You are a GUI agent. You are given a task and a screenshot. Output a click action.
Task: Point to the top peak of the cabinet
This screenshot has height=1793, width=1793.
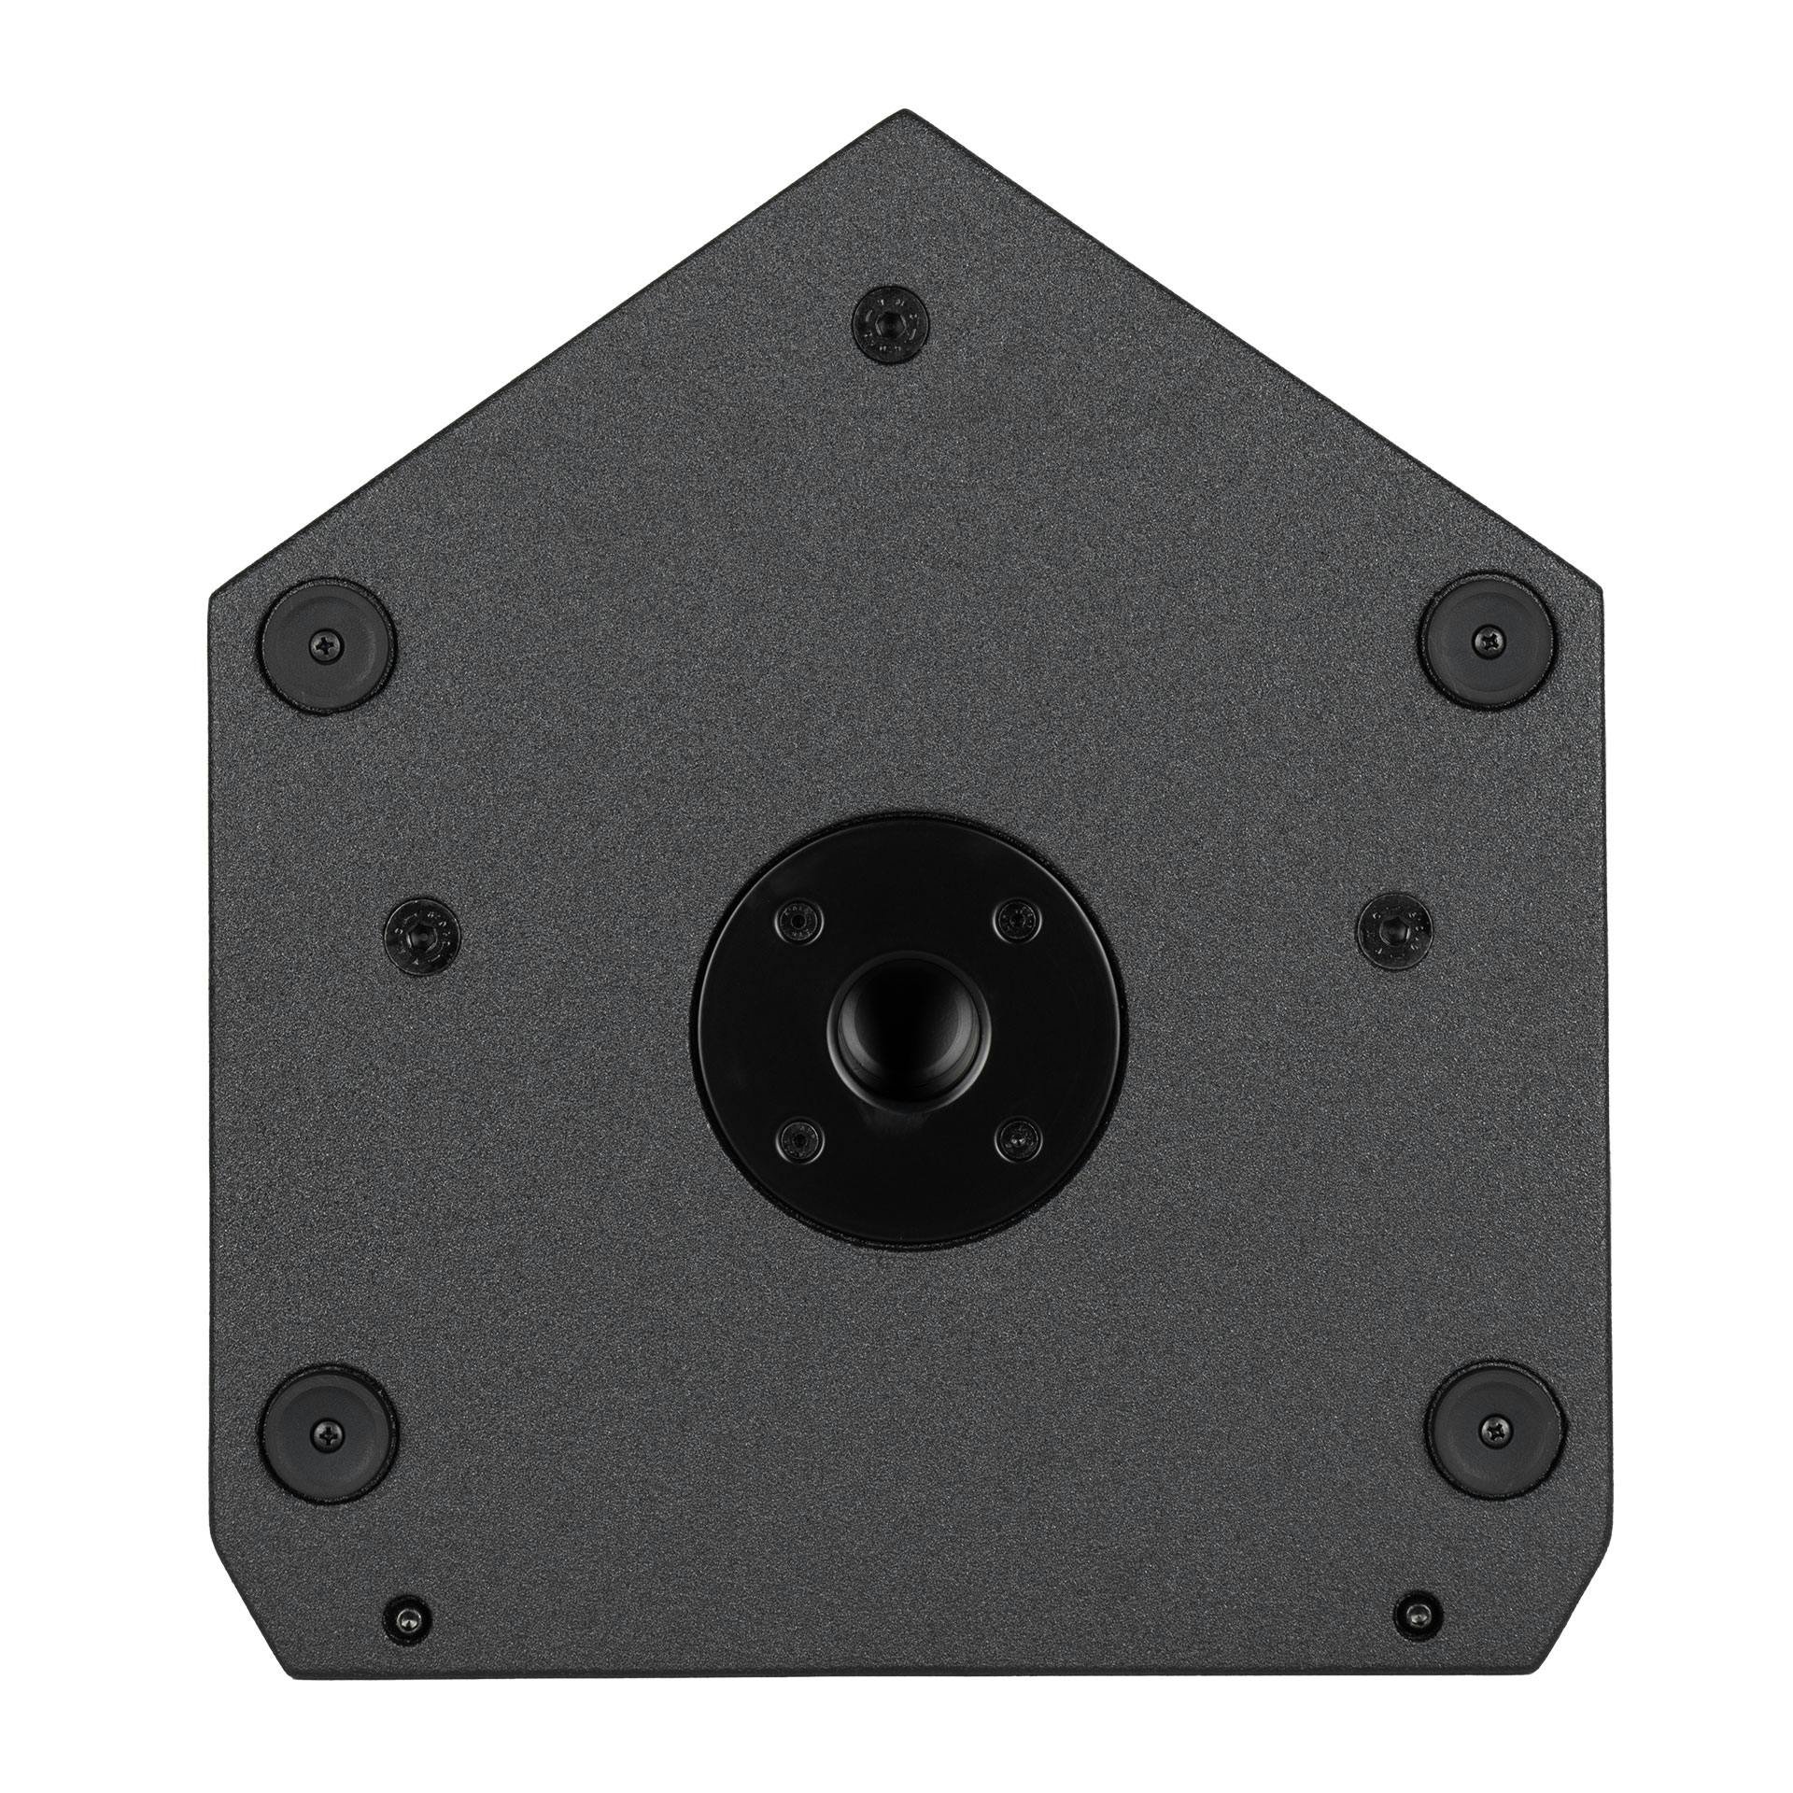(x=902, y=112)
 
